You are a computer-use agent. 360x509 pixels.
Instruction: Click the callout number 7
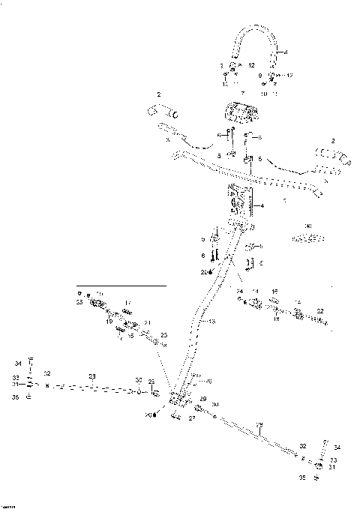241,93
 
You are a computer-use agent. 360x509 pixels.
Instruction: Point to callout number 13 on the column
213,321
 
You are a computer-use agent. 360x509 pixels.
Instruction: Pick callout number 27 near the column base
192,420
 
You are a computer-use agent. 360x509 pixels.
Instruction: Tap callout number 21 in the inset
148,322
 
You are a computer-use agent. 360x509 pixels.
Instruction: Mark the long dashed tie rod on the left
90,388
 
